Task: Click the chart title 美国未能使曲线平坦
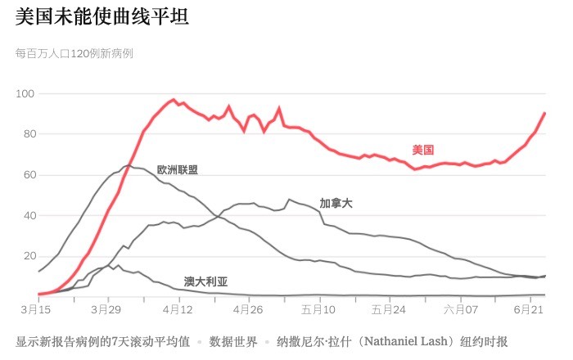(x=102, y=18)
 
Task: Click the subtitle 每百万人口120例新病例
(x=74, y=54)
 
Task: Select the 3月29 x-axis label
(x=106, y=311)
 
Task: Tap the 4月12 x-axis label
(x=177, y=311)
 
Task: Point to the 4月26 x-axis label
(x=248, y=311)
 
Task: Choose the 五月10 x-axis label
(x=318, y=311)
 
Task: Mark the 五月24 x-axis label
(x=389, y=311)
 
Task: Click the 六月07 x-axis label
(x=459, y=311)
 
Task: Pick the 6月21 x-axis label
(x=528, y=311)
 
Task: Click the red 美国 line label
(x=423, y=150)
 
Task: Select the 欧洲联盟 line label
(x=178, y=170)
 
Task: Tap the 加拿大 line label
(x=336, y=202)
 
